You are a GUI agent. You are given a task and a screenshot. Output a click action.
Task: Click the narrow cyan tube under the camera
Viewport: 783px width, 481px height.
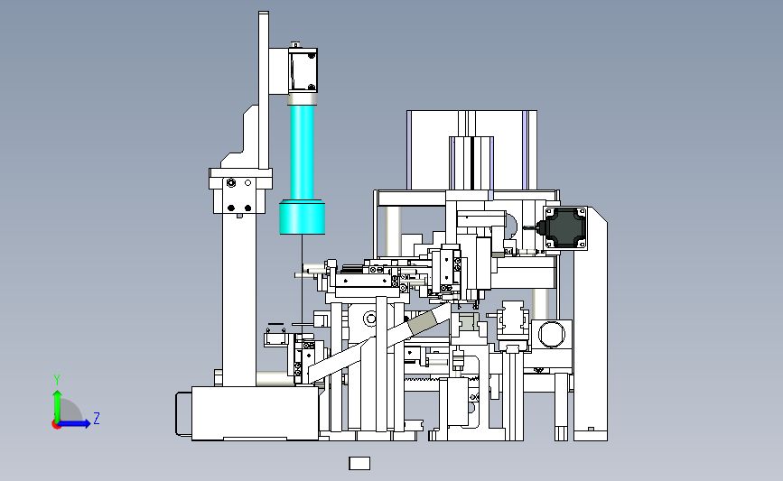[302, 153]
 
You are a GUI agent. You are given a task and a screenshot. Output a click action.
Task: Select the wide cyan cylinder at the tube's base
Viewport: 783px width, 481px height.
[303, 217]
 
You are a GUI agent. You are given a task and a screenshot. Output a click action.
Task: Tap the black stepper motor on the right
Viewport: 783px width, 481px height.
[564, 228]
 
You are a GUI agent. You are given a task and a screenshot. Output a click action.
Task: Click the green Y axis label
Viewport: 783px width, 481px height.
[57, 380]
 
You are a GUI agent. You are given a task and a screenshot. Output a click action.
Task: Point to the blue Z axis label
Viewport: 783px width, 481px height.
[97, 418]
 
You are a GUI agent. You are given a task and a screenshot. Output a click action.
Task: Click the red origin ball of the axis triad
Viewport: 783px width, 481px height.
[56, 425]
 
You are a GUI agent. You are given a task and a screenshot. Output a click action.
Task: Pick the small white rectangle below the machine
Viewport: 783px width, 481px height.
[359, 464]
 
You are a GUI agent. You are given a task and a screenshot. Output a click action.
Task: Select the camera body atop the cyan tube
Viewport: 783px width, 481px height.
[303, 69]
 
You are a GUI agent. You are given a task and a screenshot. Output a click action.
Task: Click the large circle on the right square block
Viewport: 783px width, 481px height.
[551, 334]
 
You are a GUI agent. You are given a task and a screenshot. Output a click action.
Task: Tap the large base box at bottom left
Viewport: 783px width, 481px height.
[255, 413]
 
